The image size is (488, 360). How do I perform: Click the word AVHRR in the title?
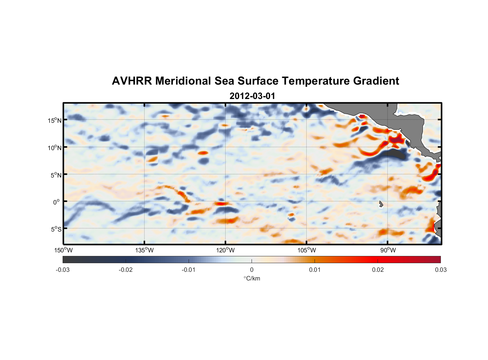tap(132, 81)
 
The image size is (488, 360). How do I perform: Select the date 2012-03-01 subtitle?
tap(252, 96)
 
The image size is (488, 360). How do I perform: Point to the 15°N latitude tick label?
tap(55, 120)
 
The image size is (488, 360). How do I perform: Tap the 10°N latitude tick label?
tap(55, 148)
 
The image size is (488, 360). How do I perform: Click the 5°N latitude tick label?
tap(56, 175)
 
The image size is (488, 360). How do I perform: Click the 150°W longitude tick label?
tap(64, 250)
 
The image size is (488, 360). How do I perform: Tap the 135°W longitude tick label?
tap(145, 250)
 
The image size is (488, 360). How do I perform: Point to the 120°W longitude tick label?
tap(226, 250)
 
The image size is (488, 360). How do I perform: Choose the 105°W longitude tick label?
tap(307, 250)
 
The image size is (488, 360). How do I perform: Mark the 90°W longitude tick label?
tap(388, 250)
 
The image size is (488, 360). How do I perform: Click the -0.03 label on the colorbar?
tap(63, 270)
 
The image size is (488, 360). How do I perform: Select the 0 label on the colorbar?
tap(252, 270)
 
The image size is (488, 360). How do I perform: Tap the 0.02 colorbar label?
tap(378, 270)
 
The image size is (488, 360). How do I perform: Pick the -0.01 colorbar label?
tap(189, 270)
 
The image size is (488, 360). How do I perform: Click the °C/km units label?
tap(252, 278)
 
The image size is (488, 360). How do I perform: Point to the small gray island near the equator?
tap(381, 204)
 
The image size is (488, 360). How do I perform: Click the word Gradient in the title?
tap(376, 81)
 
